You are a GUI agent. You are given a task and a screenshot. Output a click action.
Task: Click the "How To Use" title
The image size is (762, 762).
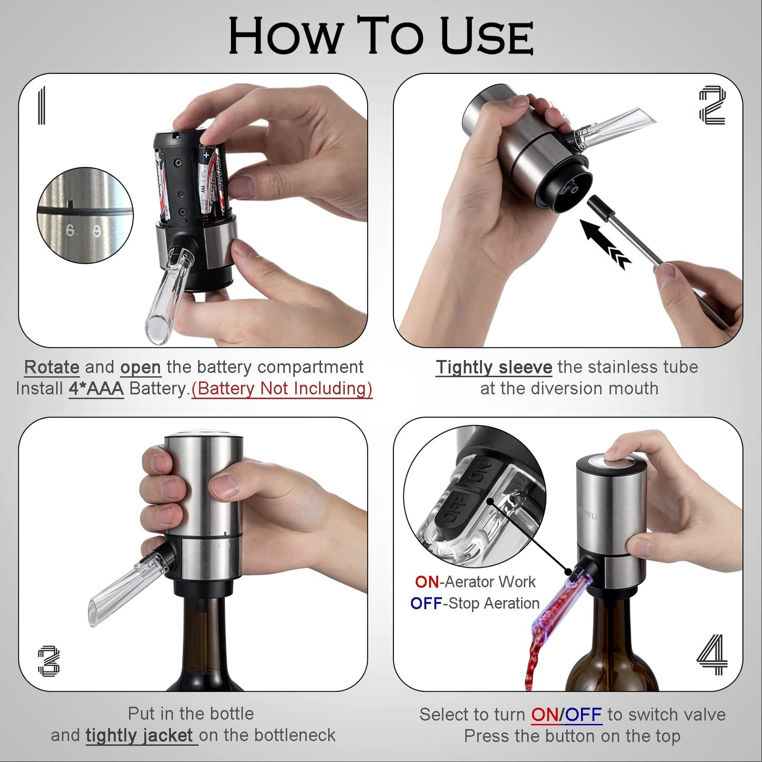tap(381, 36)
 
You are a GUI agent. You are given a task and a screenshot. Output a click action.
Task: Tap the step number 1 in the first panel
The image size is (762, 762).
tap(42, 105)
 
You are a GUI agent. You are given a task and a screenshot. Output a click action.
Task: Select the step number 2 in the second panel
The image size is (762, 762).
tap(712, 105)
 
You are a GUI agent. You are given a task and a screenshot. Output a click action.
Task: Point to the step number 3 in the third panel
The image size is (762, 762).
tap(49, 661)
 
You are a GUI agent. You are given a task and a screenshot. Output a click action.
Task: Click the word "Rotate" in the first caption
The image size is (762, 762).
tap(52, 367)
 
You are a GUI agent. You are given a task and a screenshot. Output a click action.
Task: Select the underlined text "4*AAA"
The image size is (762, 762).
tap(96, 389)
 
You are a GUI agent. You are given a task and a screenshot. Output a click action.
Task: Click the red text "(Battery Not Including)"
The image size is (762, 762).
tap(282, 389)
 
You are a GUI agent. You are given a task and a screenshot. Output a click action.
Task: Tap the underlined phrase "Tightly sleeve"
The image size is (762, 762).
tap(494, 367)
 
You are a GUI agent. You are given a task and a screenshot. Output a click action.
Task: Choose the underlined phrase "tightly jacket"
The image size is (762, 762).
tap(140, 735)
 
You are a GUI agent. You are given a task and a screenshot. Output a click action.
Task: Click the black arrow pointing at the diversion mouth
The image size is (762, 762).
tap(604, 243)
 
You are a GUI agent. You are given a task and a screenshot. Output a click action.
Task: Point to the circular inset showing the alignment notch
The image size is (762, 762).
tap(85, 215)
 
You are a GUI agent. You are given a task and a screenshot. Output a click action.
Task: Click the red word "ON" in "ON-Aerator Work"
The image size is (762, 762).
tap(427, 582)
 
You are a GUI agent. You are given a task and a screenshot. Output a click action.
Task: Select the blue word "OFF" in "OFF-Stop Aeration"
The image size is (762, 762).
tap(426, 603)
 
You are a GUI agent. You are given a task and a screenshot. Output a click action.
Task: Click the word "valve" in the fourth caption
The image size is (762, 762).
tap(703, 715)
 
